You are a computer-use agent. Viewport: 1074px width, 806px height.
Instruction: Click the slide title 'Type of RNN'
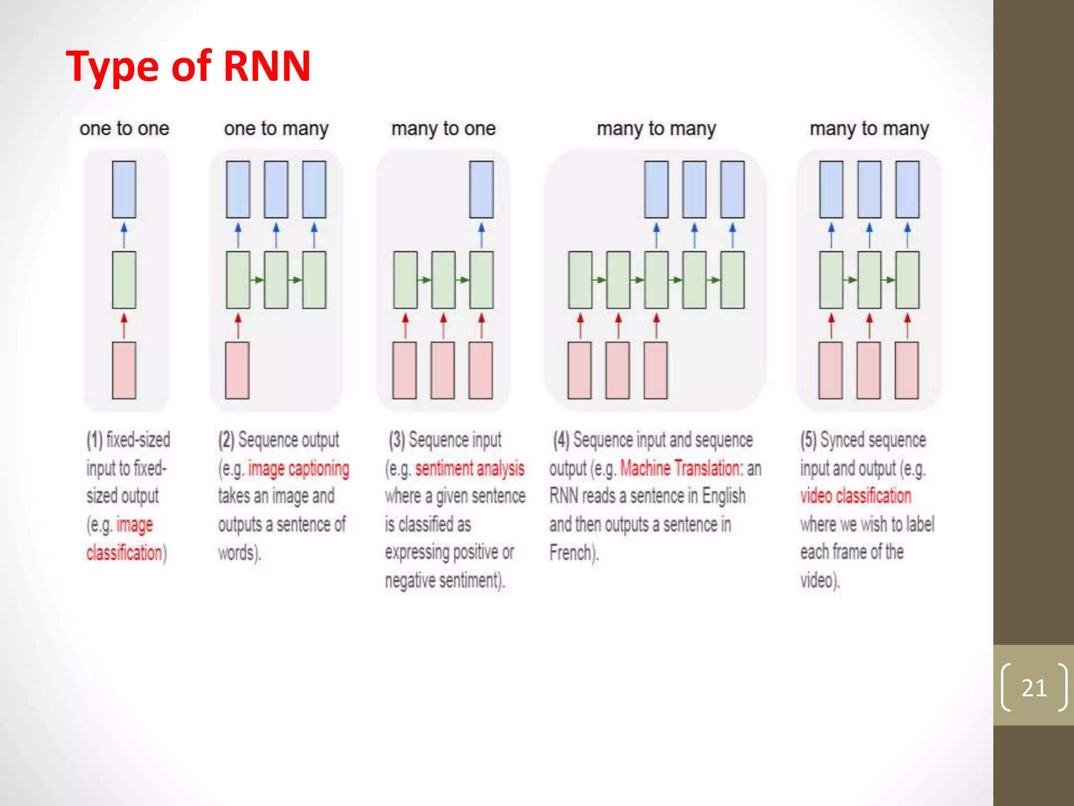(x=188, y=67)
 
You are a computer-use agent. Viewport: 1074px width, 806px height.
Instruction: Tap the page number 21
(x=1034, y=687)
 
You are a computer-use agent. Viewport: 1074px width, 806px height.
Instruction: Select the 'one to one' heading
(x=124, y=129)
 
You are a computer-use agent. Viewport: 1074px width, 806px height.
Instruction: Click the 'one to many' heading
(x=276, y=129)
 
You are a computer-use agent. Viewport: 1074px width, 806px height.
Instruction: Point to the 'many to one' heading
(x=443, y=129)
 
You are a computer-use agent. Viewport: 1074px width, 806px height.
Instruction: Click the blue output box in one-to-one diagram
(x=124, y=189)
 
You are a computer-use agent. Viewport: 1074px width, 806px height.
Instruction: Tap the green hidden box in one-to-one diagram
(x=124, y=280)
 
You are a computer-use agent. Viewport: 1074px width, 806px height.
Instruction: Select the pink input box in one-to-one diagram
(x=124, y=370)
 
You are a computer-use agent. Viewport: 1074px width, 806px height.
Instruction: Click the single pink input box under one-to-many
(x=237, y=370)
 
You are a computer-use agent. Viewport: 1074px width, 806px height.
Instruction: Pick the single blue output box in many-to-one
(x=481, y=189)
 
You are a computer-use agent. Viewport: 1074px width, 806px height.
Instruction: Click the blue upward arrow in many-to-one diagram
(x=481, y=235)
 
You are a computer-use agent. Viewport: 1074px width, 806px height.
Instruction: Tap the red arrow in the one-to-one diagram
(x=124, y=325)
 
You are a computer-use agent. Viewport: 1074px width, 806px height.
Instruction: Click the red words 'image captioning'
(x=298, y=469)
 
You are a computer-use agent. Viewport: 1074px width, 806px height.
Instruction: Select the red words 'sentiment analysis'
(x=469, y=469)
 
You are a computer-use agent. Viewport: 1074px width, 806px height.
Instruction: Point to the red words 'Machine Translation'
(x=680, y=468)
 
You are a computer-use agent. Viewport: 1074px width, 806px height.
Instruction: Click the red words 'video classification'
(x=855, y=496)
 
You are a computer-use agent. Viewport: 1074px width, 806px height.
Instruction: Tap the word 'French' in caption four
(x=570, y=553)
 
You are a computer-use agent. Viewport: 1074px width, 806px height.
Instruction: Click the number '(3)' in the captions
(x=396, y=440)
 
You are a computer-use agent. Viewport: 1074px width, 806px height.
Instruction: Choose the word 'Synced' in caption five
(x=843, y=440)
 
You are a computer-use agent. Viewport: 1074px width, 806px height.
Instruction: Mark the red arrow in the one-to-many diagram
(x=238, y=325)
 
